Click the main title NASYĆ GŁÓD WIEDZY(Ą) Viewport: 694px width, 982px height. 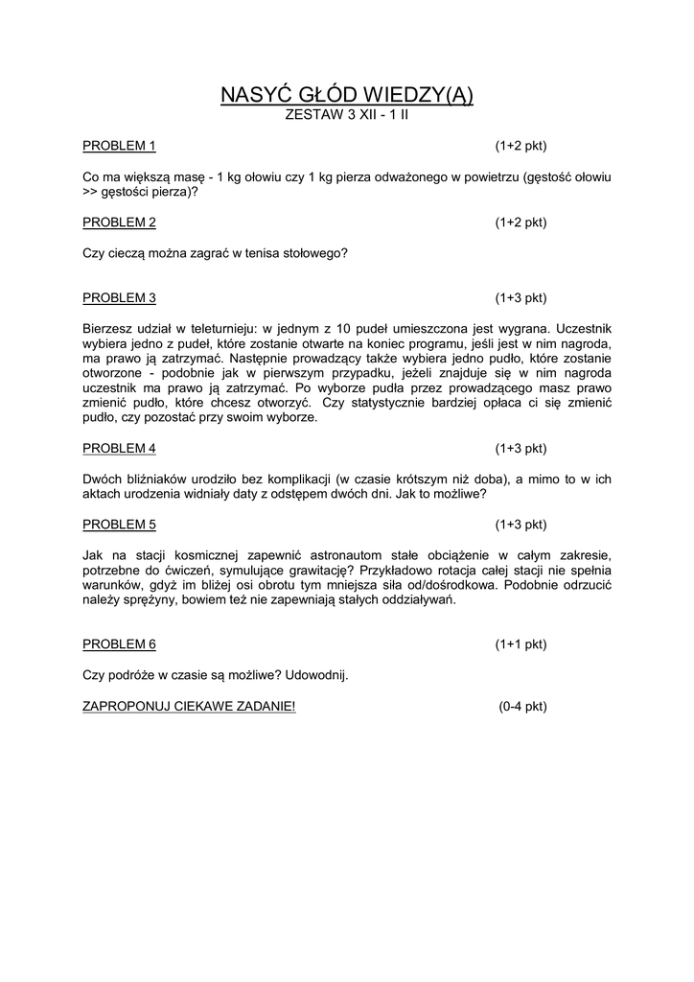pos(347,94)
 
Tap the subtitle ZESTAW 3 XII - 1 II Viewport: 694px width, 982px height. pos(347,115)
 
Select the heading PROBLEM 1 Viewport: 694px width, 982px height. pos(119,146)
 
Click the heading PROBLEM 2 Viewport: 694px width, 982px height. pos(119,222)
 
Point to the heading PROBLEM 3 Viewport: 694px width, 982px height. pos(119,297)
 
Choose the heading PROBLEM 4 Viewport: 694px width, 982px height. pos(119,448)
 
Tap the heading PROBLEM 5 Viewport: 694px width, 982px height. pos(119,525)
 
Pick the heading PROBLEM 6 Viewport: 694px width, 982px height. pos(119,644)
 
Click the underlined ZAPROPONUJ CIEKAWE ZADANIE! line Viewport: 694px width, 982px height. pos(189,706)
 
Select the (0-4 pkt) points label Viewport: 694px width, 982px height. pos(522,706)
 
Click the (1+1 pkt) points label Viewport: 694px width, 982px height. pos(520,644)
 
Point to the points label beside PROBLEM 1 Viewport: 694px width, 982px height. pos(520,146)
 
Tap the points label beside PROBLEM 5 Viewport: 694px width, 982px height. pos(520,525)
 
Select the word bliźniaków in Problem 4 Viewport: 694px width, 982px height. pos(150,479)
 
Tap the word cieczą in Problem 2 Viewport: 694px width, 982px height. pos(125,253)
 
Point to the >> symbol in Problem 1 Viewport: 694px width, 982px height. pos(90,192)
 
